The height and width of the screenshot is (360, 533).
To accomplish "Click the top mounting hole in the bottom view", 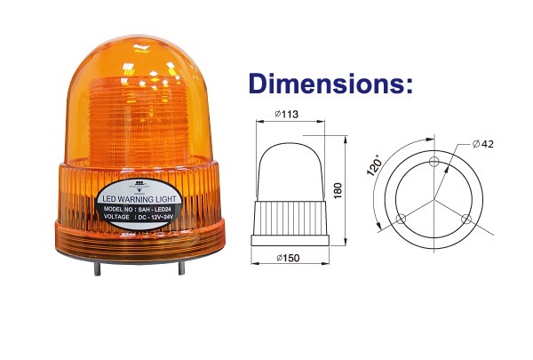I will pos(433,162).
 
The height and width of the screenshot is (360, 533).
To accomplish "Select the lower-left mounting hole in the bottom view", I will pos(397,217).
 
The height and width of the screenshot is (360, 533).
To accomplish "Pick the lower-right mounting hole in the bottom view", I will pos(465,218).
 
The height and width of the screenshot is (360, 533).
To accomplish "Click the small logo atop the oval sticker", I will pos(140,187).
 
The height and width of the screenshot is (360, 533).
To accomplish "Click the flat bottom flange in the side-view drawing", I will pos(292,239).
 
